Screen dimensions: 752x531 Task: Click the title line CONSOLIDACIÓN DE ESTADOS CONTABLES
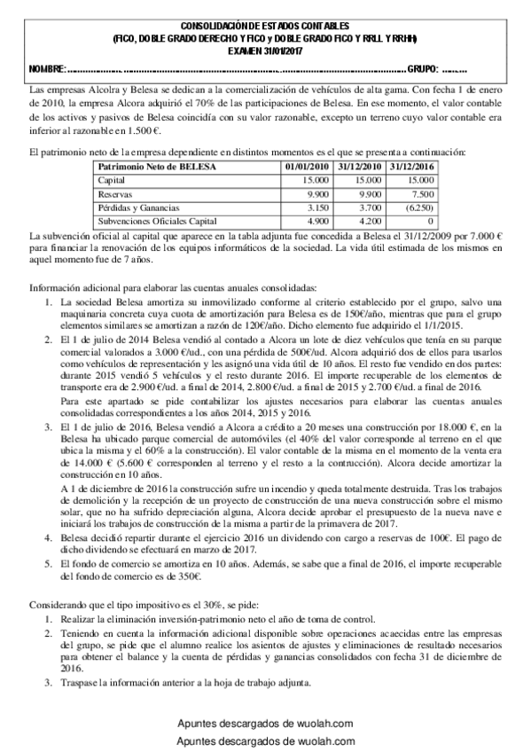coord(265,27)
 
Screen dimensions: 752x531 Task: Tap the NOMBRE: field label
coord(47,69)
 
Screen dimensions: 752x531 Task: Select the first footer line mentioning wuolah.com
coord(265,724)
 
